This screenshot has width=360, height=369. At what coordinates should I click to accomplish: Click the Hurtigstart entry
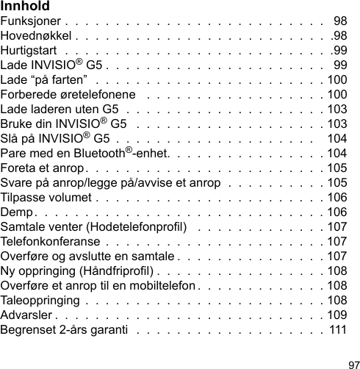pos(29,50)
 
